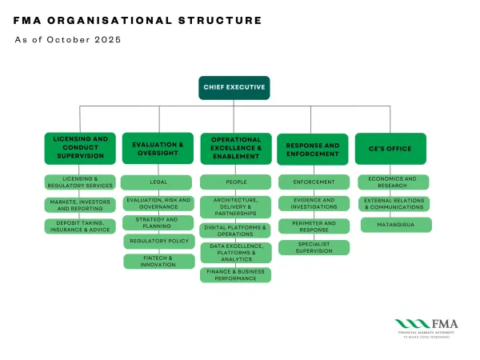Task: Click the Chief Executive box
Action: point(234,87)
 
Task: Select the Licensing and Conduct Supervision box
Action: point(79,148)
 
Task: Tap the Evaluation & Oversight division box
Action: point(158,148)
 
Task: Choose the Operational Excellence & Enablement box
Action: point(235,148)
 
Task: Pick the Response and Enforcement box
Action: point(313,149)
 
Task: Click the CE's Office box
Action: point(390,149)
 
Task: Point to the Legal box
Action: point(158,182)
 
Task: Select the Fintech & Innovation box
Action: point(158,262)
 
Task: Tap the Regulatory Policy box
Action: point(158,242)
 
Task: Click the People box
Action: point(235,182)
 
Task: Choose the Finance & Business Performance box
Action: point(235,275)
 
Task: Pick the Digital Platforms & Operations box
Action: point(235,230)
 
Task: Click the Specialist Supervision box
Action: point(314,247)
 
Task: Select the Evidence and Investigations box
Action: point(314,204)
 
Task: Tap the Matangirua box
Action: point(394,226)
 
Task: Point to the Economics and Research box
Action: point(393,182)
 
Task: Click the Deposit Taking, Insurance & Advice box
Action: point(79,226)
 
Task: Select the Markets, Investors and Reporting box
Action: point(79,205)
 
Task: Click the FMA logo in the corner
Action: point(423,327)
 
